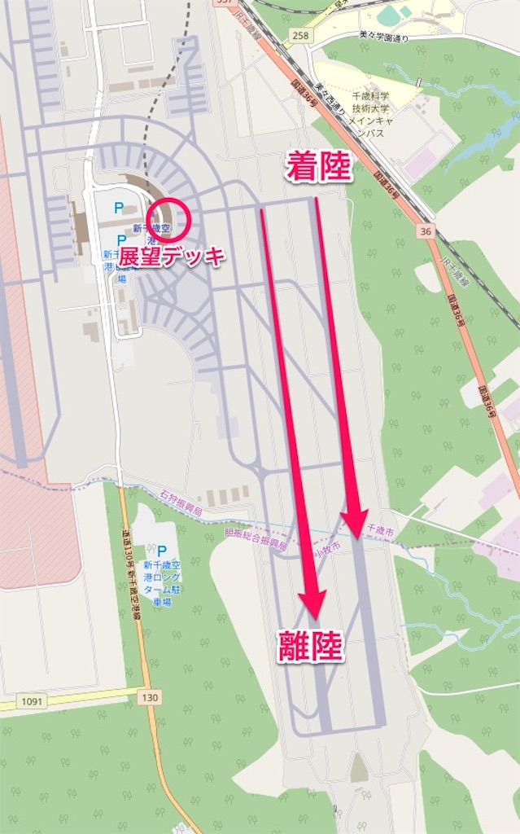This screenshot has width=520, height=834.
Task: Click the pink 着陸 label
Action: (x=318, y=168)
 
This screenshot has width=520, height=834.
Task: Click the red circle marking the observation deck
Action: (x=171, y=218)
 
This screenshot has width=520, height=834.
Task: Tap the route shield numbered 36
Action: (x=424, y=231)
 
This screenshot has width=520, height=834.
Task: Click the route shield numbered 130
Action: (x=149, y=697)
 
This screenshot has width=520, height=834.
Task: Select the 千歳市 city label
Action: (x=381, y=530)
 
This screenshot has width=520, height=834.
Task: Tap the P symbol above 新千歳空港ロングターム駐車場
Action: (x=161, y=551)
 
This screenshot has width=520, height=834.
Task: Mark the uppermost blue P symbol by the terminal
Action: (x=119, y=208)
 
